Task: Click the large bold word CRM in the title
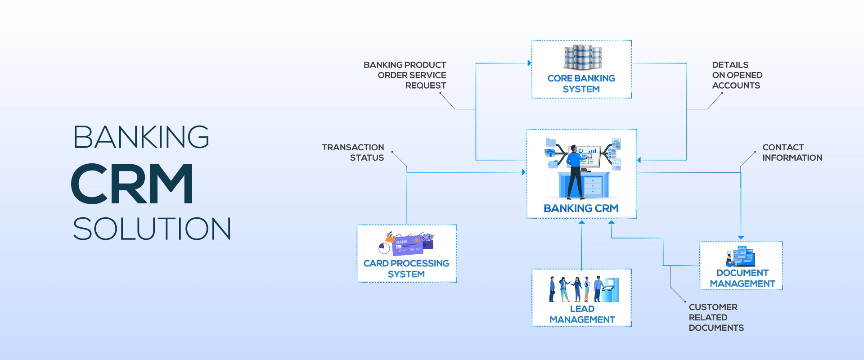click(132, 184)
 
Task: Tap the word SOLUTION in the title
click(152, 229)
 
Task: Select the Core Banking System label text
click(581, 84)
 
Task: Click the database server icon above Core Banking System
click(583, 57)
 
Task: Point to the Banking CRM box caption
click(581, 208)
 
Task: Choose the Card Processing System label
click(406, 269)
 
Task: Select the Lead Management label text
click(582, 314)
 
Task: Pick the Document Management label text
click(742, 278)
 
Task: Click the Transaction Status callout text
click(353, 153)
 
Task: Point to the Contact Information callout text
click(792, 153)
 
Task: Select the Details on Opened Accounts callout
click(737, 75)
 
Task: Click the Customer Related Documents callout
click(716, 317)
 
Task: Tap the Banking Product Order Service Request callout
click(405, 75)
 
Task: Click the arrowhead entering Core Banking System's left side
click(529, 63)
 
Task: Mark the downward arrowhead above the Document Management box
click(741, 238)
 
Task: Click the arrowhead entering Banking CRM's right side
click(639, 160)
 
